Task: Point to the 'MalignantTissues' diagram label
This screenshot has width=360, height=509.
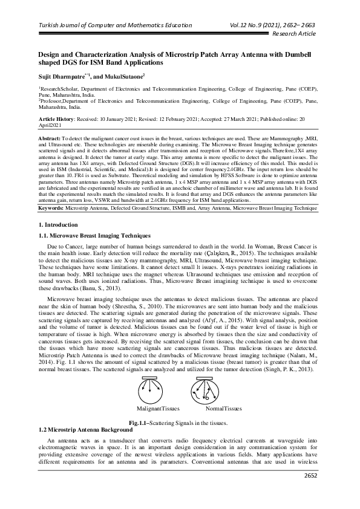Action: pyautogui.click(x=154, y=409)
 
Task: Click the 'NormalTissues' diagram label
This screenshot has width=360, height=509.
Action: pyautogui.click(x=223, y=409)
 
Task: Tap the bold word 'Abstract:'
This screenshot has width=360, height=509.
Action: pyautogui.click(x=50, y=138)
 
